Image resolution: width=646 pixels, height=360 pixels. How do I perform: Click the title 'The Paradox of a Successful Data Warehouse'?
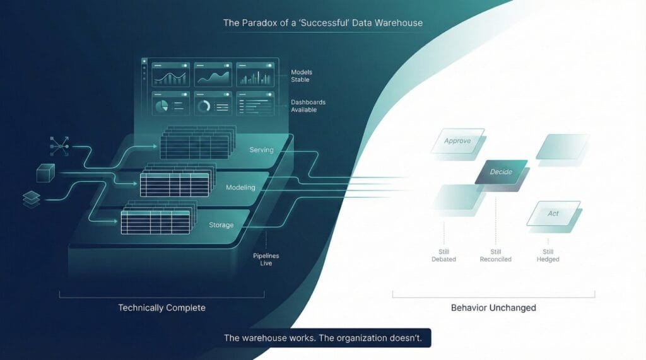coord(322,23)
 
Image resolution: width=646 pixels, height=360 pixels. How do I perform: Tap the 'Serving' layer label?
coord(261,150)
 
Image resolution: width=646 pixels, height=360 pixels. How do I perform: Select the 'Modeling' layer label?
coord(240,187)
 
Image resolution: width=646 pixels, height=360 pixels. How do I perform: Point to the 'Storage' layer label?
coord(221,224)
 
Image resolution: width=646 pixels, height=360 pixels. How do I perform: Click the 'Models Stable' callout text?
coord(300,76)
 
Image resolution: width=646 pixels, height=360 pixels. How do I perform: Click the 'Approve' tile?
coord(457,141)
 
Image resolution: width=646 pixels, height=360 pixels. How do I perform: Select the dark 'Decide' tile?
coord(501,171)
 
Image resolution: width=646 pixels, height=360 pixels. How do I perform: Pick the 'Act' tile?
coord(553,214)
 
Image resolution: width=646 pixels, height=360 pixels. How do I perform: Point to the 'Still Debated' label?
coord(443,255)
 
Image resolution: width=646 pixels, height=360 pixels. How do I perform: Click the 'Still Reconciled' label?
coord(495,255)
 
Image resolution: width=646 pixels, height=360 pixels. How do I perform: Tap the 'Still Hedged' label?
coord(548,255)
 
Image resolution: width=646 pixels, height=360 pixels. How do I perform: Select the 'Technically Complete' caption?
coord(161,308)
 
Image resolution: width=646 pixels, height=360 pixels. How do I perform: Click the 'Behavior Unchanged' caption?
coord(493,308)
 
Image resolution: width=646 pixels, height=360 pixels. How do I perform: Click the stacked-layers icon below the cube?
coord(32,198)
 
